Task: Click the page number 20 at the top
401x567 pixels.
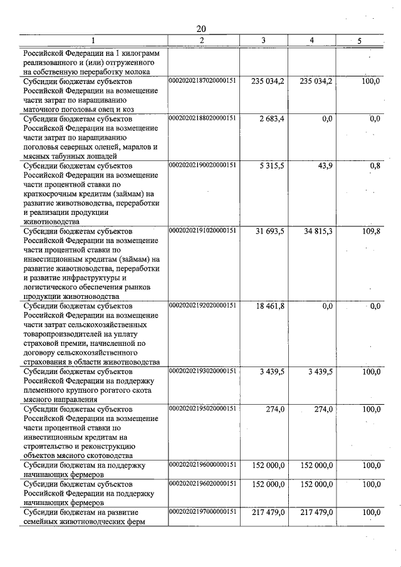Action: [x=200, y=29]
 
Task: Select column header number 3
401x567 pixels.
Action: [x=263, y=41]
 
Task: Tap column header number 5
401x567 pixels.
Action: [x=359, y=41]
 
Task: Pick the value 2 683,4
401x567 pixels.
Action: [x=270, y=118]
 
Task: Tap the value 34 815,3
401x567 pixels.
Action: [x=317, y=231]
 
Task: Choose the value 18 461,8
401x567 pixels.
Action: [x=270, y=306]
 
